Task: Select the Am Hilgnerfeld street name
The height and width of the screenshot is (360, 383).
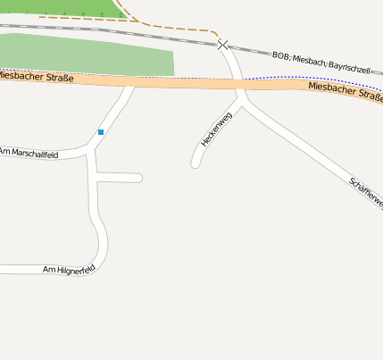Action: tap(69, 268)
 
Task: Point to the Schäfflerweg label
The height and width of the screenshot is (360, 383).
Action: tap(367, 193)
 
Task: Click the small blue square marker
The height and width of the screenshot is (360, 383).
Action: tap(101, 132)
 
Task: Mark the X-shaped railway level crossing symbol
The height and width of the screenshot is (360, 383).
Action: tap(222, 43)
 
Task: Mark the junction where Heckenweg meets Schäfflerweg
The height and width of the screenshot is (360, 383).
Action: tap(243, 100)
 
